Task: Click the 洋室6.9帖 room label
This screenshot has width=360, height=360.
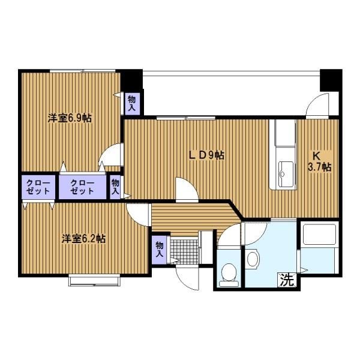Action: [70, 118]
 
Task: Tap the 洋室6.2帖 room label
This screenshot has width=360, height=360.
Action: [83, 239]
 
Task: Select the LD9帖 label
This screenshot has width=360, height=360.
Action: [206, 155]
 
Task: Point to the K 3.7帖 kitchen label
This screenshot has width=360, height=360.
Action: [320, 161]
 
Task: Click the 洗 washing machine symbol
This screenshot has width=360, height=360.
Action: [287, 280]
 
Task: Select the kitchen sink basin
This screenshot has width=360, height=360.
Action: [286, 174]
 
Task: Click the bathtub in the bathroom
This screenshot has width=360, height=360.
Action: [320, 235]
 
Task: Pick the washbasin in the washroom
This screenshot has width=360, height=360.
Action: [253, 259]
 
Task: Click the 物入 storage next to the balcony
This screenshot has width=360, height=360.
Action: [132, 104]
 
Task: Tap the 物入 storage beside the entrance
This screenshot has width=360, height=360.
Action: [160, 250]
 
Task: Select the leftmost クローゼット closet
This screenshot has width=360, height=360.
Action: [38, 187]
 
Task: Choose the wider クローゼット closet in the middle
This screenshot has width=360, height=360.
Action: [82, 187]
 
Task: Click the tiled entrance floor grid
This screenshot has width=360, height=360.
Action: [184, 251]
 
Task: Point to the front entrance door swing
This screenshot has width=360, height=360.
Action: [187, 278]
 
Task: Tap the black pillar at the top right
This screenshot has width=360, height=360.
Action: [330, 80]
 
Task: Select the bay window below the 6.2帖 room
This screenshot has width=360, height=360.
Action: [94, 280]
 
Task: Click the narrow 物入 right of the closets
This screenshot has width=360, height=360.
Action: [115, 187]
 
